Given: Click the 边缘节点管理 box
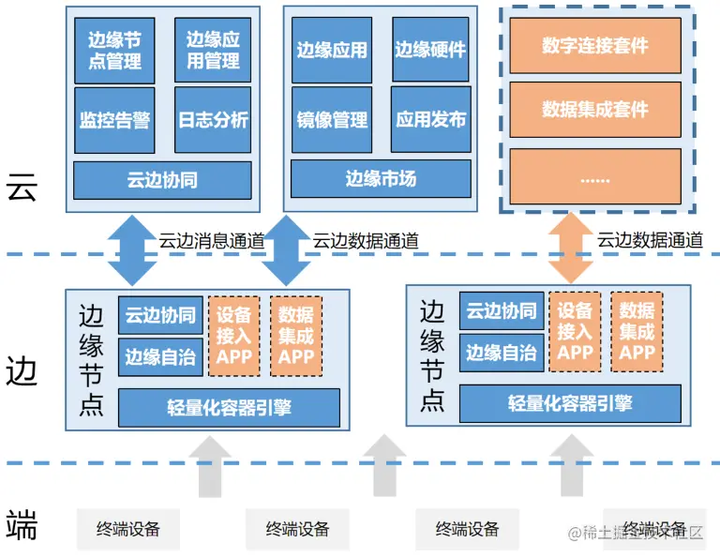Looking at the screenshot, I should pyautogui.click(x=114, y=51).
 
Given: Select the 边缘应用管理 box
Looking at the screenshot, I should pyautogui.click(x=213, y=51).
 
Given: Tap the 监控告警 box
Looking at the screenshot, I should pyautogui.click(x=114, y=120).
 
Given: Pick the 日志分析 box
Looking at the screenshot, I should pyautogui.click(x=213, y=120).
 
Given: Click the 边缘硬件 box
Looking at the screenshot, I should pyautogui.click(x=429, y=50).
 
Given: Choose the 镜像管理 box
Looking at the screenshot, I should pyautogui.click(x=332, y=120).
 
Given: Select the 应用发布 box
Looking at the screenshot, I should pyautogui.click(x=429, y=120).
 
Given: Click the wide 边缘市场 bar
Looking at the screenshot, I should pyautogui.click(x=380, y=178).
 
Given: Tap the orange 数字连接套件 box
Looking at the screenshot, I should pyautogui.click(x=595, y=45).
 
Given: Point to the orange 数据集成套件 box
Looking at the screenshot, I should pyautogui.click(x=595, y=110).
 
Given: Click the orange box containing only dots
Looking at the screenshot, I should pyautogui.click(x=595, y=175).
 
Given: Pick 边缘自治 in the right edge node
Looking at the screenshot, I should pyautogui.click(x=501, y=353).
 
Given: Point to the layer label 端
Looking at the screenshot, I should pyautogui.click(x=22, y=526).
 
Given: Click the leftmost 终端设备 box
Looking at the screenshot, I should pyautogui.click(x=128, y=529).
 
